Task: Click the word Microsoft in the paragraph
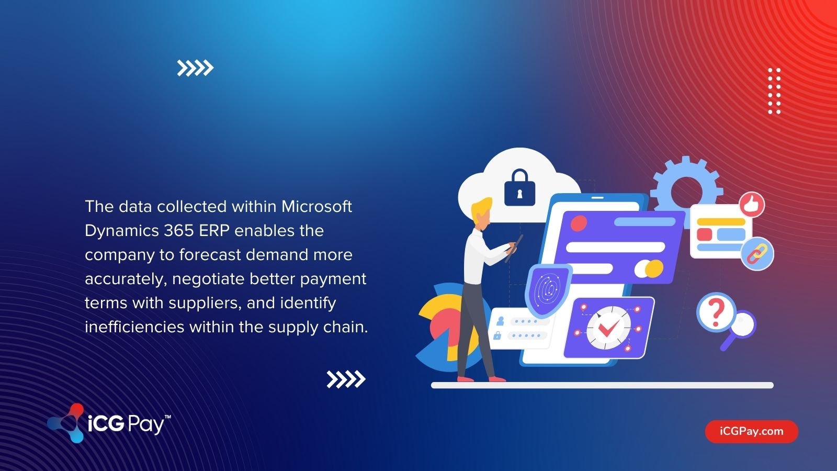click(316, 207)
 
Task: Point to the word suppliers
click(203, 303)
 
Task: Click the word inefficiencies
click(134, 327)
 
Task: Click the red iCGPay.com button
click(751, 432)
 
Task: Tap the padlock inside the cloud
click(519, 187)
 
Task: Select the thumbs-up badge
click(752, 205)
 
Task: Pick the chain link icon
click(757, 253)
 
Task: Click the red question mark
click(715, 311)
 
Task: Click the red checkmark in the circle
click(609, 328)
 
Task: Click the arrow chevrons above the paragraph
click(195, 68)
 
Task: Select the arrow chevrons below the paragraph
click(346, 379)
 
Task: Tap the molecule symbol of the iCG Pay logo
click(66, 423)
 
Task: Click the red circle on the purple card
click(579, 223)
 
